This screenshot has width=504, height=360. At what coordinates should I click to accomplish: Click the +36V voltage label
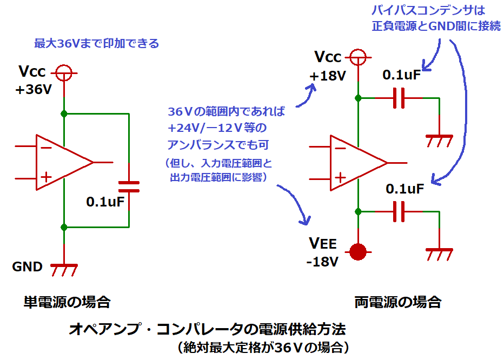(34, 90)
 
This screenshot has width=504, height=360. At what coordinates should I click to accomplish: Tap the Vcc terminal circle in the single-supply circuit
(64, 72)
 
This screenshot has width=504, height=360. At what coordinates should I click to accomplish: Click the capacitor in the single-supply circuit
(129, 186)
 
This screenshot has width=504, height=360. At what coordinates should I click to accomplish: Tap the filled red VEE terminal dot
(357, 251)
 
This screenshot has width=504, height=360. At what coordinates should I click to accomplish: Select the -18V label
(322, 262)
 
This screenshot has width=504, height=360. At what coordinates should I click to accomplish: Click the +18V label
(327, 76)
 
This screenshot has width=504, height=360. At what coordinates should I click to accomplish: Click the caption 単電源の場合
(67, 302)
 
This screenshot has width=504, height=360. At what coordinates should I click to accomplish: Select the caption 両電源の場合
(397, 302)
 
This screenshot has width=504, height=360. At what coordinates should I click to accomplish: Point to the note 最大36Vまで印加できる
(97, 44)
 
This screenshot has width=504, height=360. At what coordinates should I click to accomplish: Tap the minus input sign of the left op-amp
(47, 146)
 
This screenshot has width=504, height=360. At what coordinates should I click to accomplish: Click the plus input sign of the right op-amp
(340, 177)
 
